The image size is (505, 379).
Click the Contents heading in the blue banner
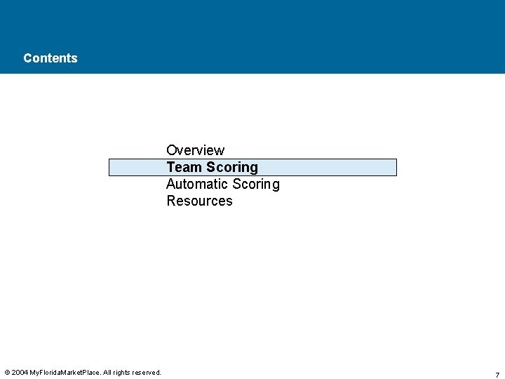coord(50,58)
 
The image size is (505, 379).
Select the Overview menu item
coord(195,150)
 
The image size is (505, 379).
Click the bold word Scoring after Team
coord(231,168)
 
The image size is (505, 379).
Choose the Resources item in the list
coord(199,201)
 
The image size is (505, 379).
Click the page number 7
coord(497,375)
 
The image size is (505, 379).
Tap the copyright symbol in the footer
coord(7,373)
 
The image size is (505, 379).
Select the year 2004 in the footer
coord(20,373)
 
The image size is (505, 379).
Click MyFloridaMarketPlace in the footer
coord(65,373)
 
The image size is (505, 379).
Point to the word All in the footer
coord(108,373)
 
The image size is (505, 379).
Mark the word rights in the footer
coord(124,373)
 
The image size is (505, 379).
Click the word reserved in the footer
coord(148,373)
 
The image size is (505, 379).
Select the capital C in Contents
coord(27,58)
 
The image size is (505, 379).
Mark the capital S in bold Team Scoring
coord(210,167)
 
